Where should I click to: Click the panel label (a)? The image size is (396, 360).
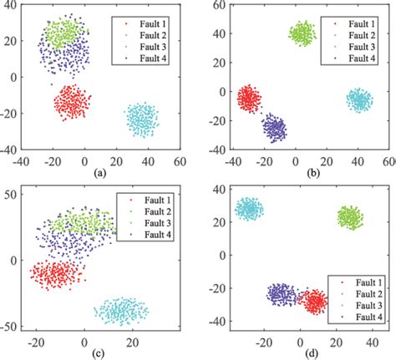(x=100, y=174)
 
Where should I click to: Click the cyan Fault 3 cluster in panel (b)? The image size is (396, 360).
(x=359, y=100)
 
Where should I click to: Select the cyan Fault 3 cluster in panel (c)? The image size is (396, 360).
(x=121, y=312)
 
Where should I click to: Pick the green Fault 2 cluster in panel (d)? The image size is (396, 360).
(x=350, y=218)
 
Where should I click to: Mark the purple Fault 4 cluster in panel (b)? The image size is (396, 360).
(x=273, y=129)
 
